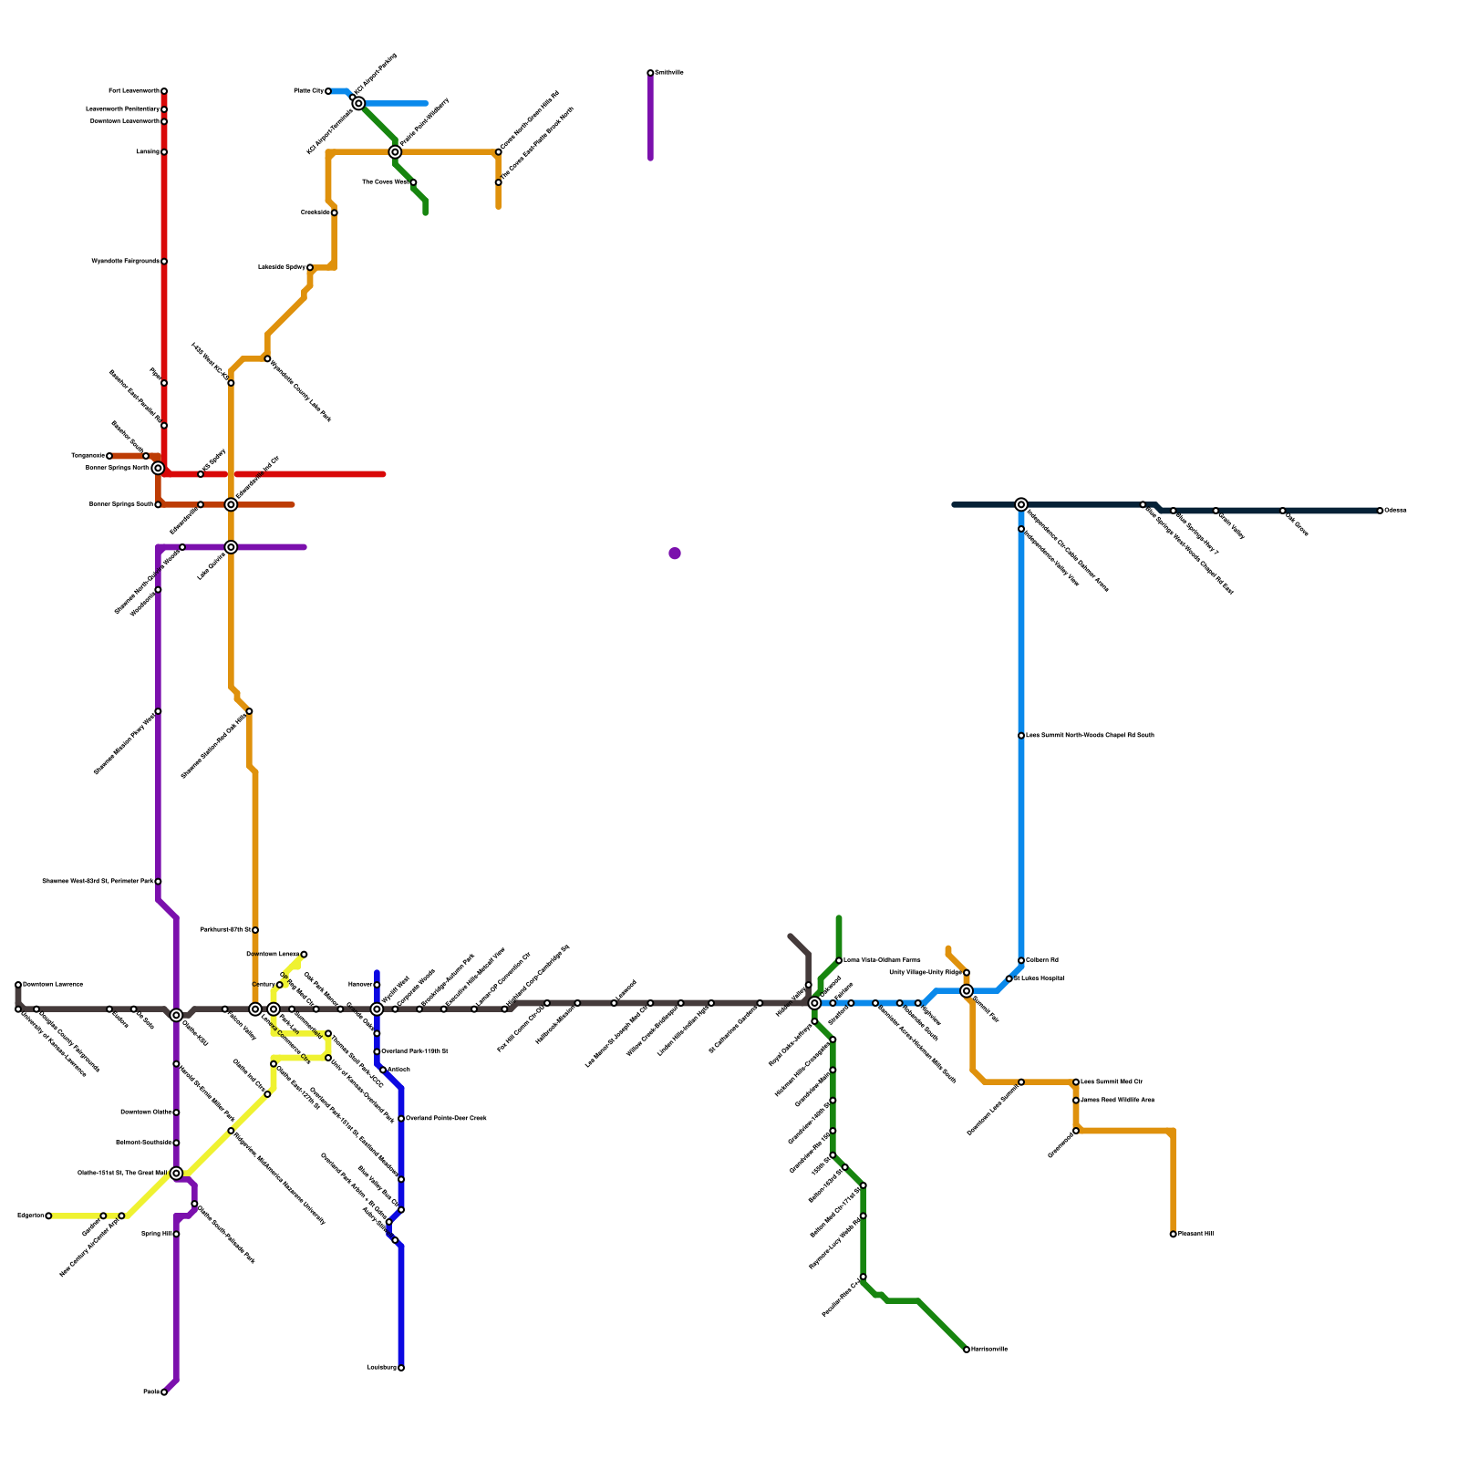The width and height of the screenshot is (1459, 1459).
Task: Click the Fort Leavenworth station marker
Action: point(164,91)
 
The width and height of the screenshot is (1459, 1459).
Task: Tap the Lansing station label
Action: point(147,152)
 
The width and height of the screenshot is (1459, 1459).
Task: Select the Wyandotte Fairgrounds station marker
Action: point(164,262)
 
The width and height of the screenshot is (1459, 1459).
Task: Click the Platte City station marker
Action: point(328,91)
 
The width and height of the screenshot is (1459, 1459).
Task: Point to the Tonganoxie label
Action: point(88,456)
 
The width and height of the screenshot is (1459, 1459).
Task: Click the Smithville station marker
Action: point(650,73)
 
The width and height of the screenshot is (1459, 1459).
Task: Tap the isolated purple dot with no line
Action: point(675,554)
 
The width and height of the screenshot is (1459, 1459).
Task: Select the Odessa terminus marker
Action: point(1381,511)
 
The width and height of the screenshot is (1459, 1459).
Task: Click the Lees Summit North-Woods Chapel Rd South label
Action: point(1090,735)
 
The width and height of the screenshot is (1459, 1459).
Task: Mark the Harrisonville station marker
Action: point(967,1350)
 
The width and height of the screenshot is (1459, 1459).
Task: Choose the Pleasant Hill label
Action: point(1195,1234)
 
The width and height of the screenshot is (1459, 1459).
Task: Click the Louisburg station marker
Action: point(401,1368)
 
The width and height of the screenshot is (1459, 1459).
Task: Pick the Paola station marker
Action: point(164,1392)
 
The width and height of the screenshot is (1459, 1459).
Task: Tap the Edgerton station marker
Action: point(48,1216)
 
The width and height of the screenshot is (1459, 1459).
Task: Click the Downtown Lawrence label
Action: point(53,985)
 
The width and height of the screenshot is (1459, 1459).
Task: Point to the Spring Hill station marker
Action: point(176,1234)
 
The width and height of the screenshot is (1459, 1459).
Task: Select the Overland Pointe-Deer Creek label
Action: point(446,1118)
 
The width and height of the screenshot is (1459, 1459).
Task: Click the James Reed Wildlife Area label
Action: point(1117,1101)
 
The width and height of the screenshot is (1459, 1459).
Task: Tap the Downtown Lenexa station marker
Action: point(304,955)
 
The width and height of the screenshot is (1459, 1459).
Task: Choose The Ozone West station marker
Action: point(413,182)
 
